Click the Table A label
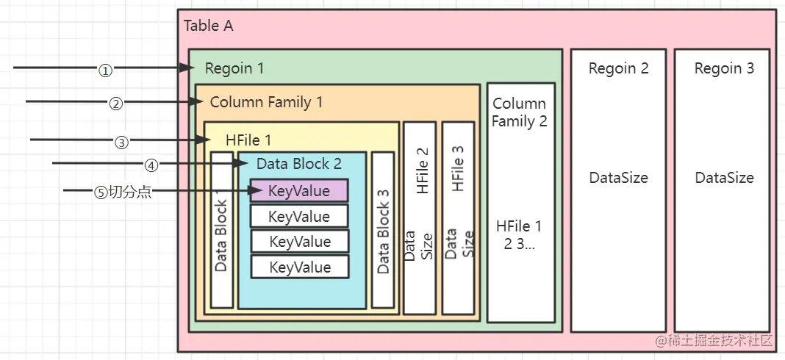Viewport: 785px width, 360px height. point(208,26)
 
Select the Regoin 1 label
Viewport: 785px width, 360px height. point(234,69)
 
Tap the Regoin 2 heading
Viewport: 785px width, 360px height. point(618,69)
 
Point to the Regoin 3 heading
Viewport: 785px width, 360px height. point(724,69)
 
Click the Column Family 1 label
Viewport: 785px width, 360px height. point(266,102)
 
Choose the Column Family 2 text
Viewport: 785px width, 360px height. point(520,112)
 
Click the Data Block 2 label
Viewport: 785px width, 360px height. point(298,164)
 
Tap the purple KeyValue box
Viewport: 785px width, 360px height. point(298,191)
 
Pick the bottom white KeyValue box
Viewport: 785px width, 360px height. point(300,267)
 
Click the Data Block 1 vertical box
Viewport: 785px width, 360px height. point(221,230)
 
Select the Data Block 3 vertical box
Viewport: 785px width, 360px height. point(383,230)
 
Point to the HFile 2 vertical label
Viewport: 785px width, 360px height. point(423,170)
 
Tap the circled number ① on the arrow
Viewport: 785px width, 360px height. point(105,71)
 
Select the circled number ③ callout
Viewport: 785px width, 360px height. point(121,142)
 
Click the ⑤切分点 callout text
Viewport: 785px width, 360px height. point(123,192)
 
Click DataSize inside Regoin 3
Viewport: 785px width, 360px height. point(724,178)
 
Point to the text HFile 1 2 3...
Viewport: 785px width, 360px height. point(520,235)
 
